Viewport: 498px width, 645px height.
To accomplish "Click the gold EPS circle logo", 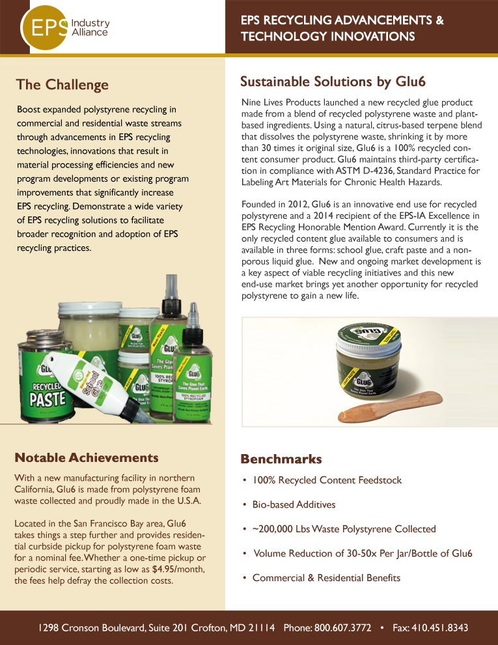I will [x=45, y=27].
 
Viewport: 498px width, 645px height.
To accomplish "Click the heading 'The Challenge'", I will [x=62, y=85].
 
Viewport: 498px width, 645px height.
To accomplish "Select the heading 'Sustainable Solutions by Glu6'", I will [x=333, y=81].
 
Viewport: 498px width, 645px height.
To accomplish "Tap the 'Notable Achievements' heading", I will [x=86, y=457].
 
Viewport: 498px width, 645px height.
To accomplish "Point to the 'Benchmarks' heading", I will [x=281, y=459].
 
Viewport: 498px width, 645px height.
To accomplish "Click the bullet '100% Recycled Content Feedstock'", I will [x=327, y=480].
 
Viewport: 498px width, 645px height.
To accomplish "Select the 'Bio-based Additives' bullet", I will [x=294, y=505].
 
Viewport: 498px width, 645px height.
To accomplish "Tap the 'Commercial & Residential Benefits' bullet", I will [x=326, y=578].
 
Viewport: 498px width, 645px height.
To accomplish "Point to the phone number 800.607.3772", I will [x=343, y=628].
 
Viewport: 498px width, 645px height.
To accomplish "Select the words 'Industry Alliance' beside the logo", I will [x=90, y=27].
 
